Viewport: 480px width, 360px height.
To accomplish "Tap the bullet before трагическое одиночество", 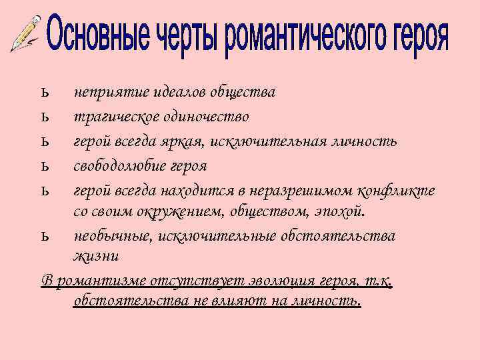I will (43, 117).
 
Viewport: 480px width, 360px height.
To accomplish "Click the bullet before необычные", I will (43, 237).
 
